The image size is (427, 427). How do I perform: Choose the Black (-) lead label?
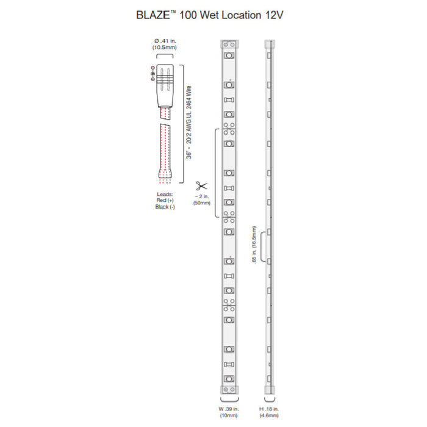[x=165, y=207]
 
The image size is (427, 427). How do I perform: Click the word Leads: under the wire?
[x=165, y=194]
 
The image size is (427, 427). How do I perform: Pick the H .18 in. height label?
[x=268, y=408]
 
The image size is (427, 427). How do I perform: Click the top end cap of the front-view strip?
[x=229, y=44]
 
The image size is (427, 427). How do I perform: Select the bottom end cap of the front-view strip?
[x=229, y=388]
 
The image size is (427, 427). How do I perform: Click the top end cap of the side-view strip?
[x=268, y=44]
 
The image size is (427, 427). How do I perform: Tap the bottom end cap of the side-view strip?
[x=268, y=388]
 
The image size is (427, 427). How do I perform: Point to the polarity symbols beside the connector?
[x=152, y=73]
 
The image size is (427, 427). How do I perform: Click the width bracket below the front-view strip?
[x=229, y=400]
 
